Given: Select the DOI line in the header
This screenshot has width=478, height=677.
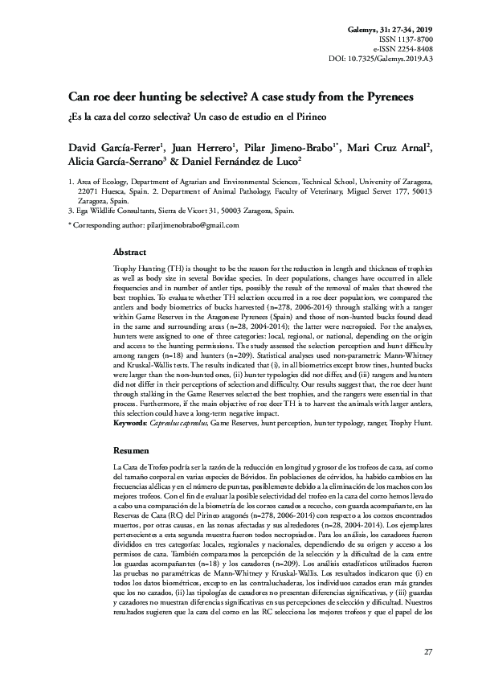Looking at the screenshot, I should pyautogui.click(x=381, y=59).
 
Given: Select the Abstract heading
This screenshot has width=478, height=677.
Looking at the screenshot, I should pyautogui.click(x=129, y=252).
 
